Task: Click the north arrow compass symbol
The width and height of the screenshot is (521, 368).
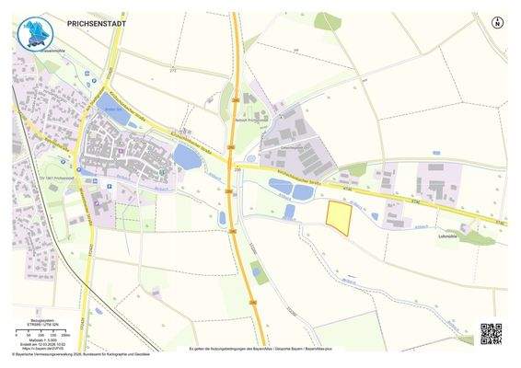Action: pos(497,22)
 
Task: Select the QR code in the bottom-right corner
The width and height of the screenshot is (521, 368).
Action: pos(491,333)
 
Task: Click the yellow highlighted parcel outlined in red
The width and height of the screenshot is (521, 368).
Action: pos(340,218)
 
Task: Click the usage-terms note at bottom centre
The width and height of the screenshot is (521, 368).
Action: pos(260,349)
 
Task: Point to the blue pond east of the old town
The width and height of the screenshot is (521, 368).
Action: pos(187,158)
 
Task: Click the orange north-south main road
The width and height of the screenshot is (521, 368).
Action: pos(236,92)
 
